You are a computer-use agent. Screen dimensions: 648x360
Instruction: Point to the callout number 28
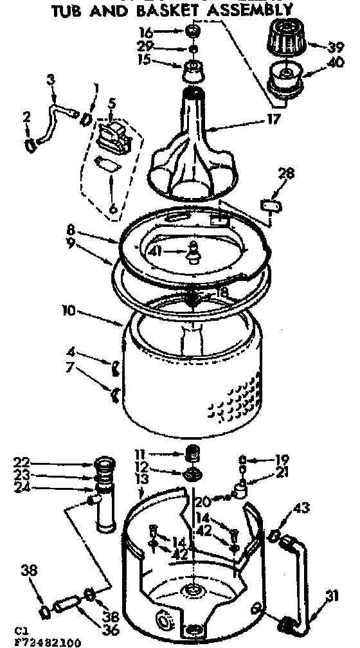point(287,173)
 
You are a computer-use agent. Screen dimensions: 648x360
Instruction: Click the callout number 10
point(69,311)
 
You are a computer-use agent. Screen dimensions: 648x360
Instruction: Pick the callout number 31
point(332,597)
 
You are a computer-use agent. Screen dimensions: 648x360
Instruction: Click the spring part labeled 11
point(190,454)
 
